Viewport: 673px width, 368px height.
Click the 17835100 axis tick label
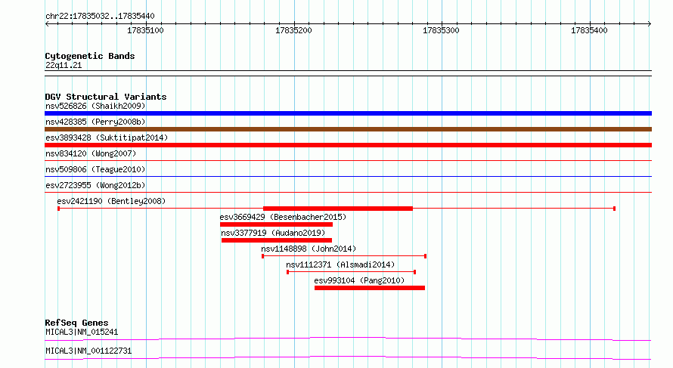pos(145,30)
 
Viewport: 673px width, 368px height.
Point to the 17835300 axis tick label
pos(441,30)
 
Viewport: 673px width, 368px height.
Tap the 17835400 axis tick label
pos(589,30)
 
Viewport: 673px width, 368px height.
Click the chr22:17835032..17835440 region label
pos(100,16)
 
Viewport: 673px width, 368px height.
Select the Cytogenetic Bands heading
pos(90,56)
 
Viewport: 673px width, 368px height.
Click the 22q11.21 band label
pos(64,65)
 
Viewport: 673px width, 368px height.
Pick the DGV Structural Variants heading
pos(106,97)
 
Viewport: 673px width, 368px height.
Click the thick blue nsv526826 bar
pos(348,113)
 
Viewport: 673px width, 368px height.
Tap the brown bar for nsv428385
pos(348,129)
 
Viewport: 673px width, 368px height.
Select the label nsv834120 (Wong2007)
pos(91,153)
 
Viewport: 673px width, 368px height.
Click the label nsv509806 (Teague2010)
pos(95,169)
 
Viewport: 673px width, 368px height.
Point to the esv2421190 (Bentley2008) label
pos(111,201)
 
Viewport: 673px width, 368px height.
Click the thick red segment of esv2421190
pos(338,209)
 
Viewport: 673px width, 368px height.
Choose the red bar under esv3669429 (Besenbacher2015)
pos(276,224)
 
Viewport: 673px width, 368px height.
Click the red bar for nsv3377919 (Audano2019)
pos(277,240)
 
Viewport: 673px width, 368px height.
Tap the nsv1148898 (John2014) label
pos(309,249)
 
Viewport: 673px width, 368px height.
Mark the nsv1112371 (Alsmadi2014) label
pos(340,264)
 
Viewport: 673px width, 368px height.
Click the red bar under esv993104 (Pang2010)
pos(370,288)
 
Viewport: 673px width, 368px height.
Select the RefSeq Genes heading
pos(76,323)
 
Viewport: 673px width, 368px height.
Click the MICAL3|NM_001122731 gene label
pos(88,351)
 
